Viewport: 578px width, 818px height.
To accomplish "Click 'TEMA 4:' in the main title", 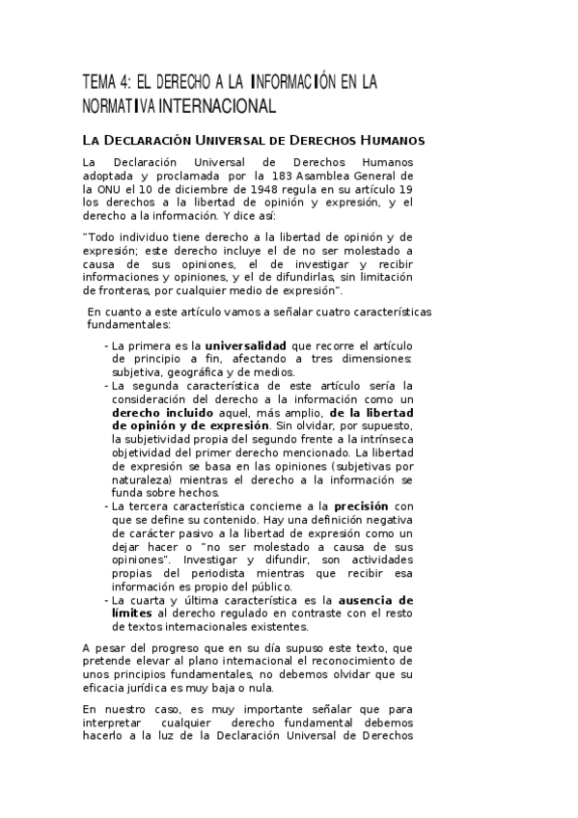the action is tap(107, 82).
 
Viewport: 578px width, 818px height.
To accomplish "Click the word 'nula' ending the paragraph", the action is tap(261, 688).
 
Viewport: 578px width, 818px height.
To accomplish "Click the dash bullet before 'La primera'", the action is tap(105, 345).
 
